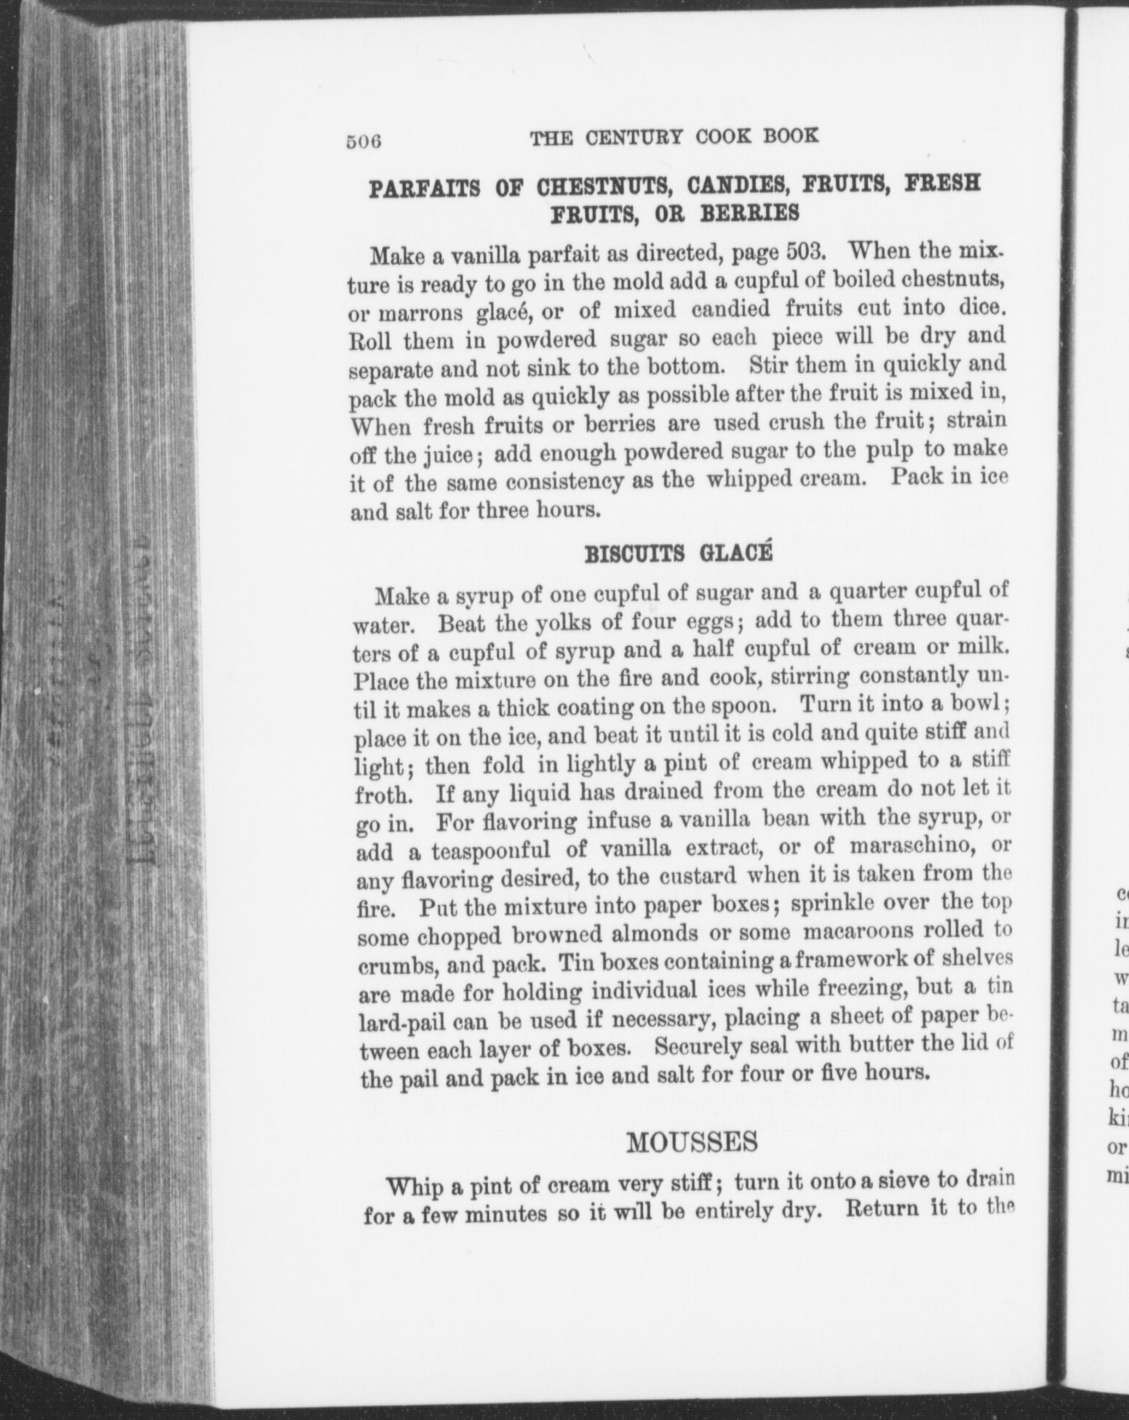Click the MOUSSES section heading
692,1141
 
